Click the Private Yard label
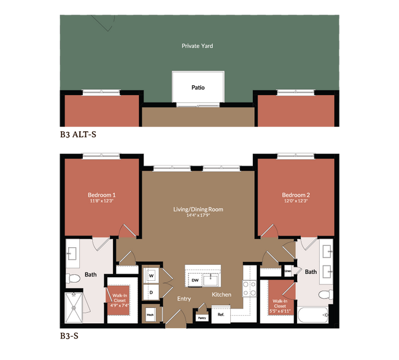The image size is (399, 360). coord(197,45)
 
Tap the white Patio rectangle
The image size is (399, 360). coord(197,88)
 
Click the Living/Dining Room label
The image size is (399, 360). coord(197,209)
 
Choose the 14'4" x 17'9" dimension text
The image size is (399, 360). coord(197,216)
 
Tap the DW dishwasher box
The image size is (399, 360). coord(193,280)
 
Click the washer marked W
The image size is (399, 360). coord(150,275)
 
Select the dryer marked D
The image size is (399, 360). coord(150,293)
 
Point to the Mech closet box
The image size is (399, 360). coord(150,315)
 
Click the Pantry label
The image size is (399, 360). coord(201,318)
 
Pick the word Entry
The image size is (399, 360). coord(183,299)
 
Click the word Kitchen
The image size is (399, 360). coord(222,295)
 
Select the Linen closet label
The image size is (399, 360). coord(287,270)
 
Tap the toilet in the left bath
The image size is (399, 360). coord(74,279)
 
